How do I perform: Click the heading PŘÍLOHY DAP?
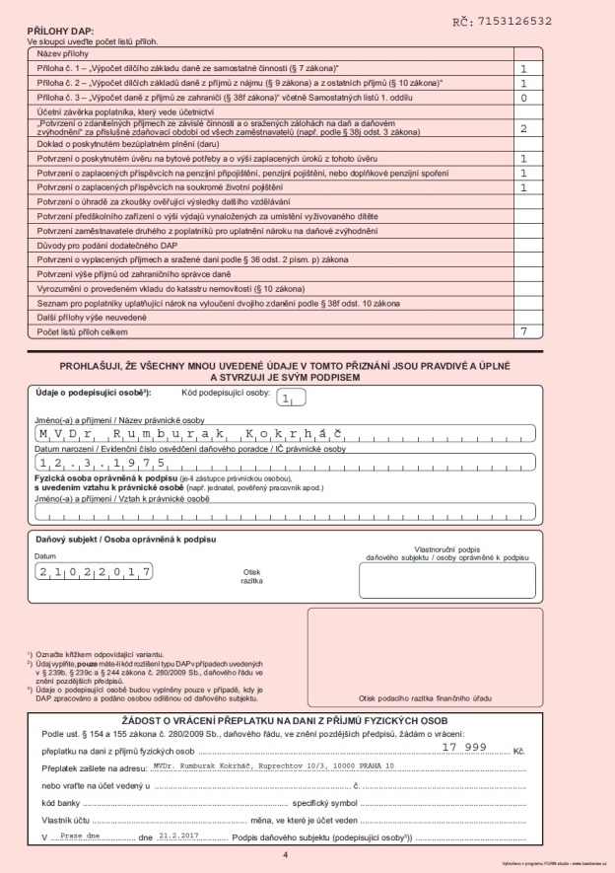[61, 33]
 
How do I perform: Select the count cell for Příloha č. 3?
[523, 99]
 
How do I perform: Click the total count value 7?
[523, 332]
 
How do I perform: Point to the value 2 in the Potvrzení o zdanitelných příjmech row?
[523, 128]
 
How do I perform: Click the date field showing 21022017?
[93, 571]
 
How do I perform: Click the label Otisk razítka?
[252, 575]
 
